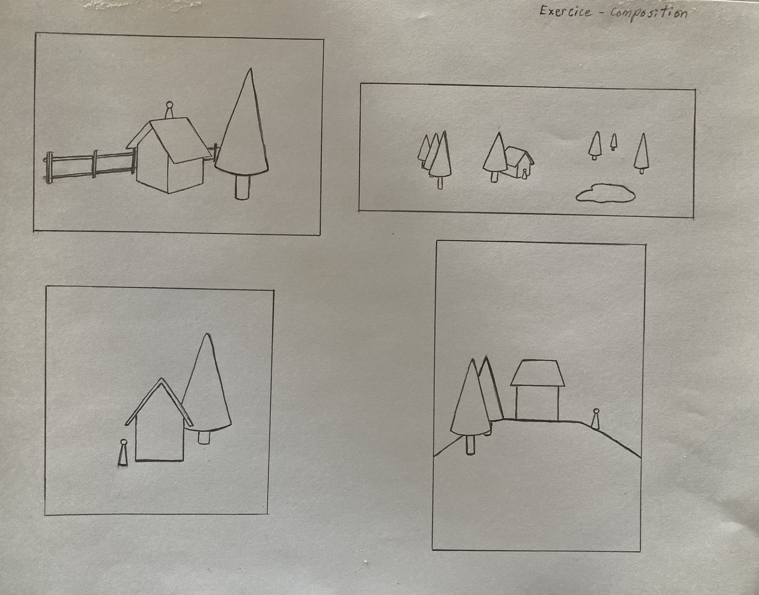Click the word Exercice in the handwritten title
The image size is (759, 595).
click(565, 12)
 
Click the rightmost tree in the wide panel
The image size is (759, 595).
click(641, 154)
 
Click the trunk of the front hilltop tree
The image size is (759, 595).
click(470, 445)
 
